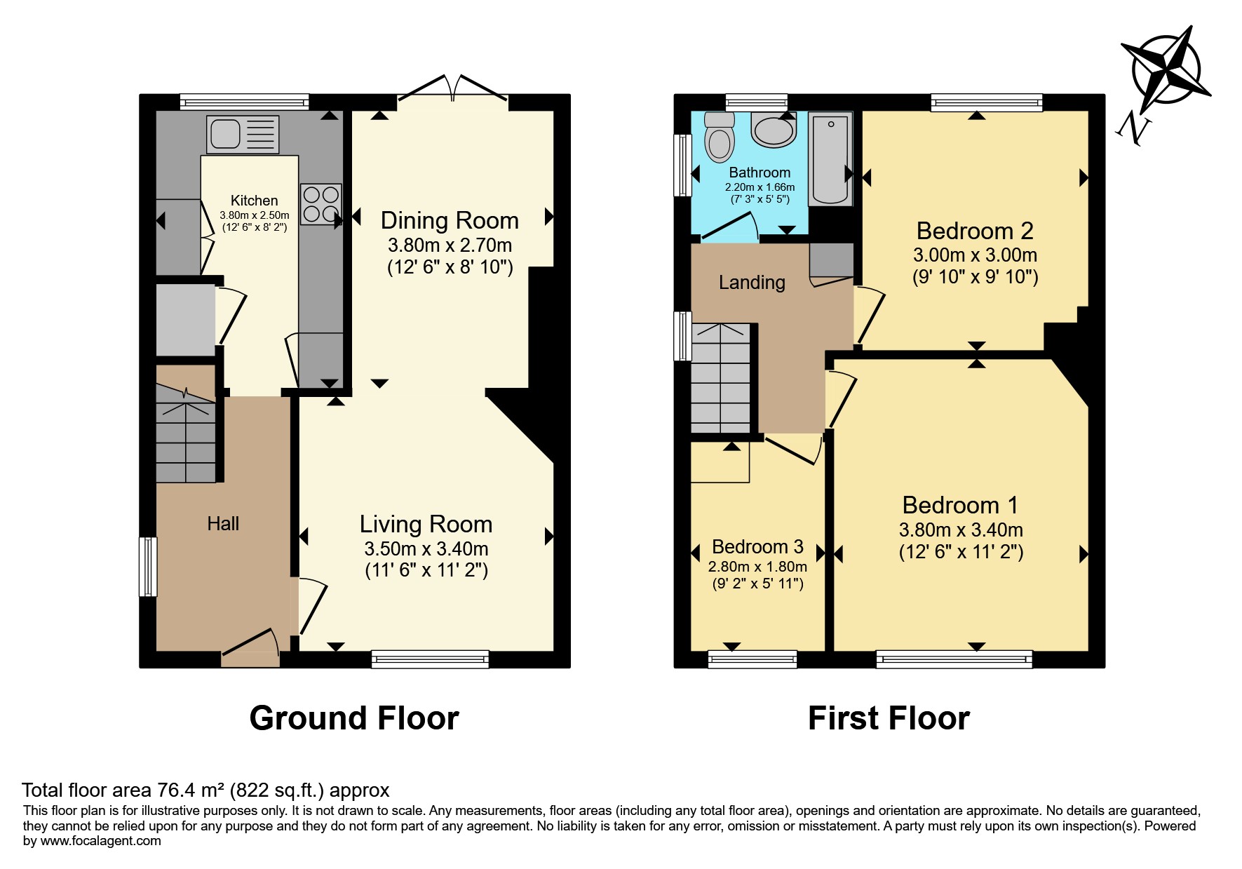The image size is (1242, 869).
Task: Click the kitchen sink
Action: coord(243,134)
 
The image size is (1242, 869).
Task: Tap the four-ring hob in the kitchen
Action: coord(321,203)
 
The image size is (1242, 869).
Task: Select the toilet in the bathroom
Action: coord(718,137)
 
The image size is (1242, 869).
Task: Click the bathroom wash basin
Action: coord(774,129)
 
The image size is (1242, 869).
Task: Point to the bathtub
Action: coord(830,159)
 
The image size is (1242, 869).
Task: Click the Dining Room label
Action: coord(450,220)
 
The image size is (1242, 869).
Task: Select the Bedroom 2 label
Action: coord(975,231)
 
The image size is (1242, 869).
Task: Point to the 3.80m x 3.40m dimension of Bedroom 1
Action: coord(961,530)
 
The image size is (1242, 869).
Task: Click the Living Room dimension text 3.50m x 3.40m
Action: coord(426,548)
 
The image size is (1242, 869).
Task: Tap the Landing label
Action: coord(752,283)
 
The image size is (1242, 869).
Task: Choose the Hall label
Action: coord(223,523)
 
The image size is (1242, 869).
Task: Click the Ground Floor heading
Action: coord(354,718)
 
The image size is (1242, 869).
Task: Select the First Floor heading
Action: coord(889,718)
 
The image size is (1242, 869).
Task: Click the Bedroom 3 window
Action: coord(752,659)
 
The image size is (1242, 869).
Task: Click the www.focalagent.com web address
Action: coord(100,840)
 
